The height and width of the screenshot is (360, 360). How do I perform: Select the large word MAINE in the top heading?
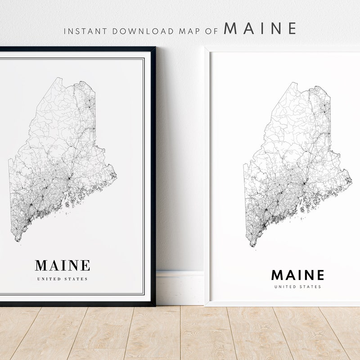260,28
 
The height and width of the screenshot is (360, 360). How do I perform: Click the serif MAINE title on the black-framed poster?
63,265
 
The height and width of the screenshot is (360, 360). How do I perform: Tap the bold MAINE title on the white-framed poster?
297,274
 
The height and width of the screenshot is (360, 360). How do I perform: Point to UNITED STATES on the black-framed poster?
63,279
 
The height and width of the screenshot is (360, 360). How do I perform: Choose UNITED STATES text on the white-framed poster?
297,287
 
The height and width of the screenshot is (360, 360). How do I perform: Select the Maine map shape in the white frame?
297,166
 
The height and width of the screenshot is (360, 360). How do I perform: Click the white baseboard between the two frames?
180,288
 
